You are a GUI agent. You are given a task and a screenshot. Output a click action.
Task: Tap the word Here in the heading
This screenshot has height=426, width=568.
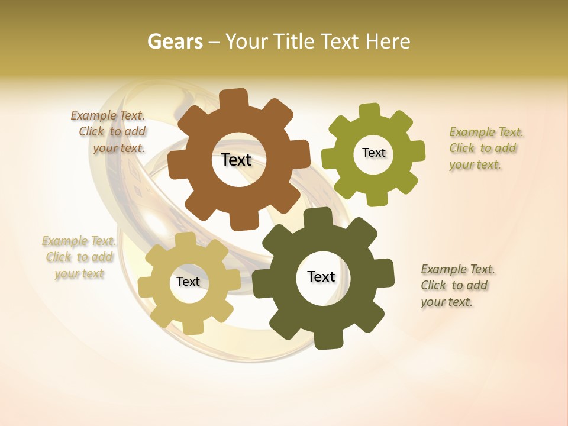pyautogui.click(x=388, y=41)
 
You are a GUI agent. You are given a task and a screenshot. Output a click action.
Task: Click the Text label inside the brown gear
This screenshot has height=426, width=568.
pyautogui.click(x=236, y=160)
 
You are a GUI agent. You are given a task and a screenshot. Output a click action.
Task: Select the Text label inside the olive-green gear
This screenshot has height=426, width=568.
pyautogui.click(x=373, y=153)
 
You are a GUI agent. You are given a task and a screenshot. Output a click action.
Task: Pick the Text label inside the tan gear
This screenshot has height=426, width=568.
pyautogui.click(x=188, y=282)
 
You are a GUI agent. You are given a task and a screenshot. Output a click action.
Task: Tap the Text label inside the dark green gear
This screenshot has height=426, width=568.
pyautogui.click(x=321, y=276)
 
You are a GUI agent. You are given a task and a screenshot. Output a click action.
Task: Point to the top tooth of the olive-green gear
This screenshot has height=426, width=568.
pyautogui.click(x=370, y=112)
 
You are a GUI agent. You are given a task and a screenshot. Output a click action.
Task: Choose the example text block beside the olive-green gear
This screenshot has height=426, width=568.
pyautogui.click(x=485, y=149)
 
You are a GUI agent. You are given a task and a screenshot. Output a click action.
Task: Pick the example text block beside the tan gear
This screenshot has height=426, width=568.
pyautogui.click(x=79, y=257)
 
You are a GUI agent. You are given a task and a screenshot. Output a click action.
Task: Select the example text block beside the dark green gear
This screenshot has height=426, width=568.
pyautogui.click(x=457, y=286)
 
